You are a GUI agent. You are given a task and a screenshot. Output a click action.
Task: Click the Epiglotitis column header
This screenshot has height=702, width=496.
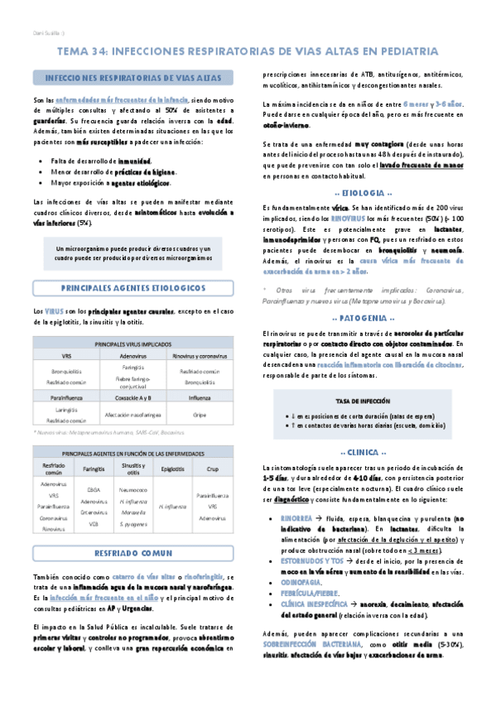[x=173, y=469]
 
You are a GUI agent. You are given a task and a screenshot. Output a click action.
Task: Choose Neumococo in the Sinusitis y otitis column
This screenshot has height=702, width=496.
[x=133, y=490]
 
